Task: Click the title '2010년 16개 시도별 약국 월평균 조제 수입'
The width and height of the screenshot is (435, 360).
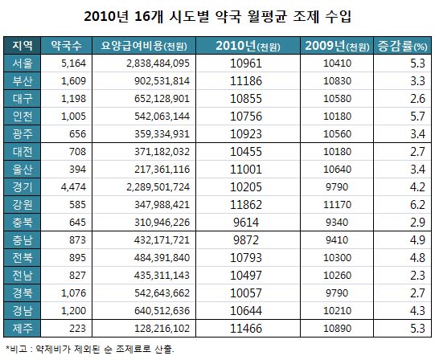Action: coord(217,16)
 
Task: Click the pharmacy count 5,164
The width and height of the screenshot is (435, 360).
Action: coord(73,62)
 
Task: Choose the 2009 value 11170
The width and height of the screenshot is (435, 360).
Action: coord(337,205)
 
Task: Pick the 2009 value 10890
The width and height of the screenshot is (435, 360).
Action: coord(337,329)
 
